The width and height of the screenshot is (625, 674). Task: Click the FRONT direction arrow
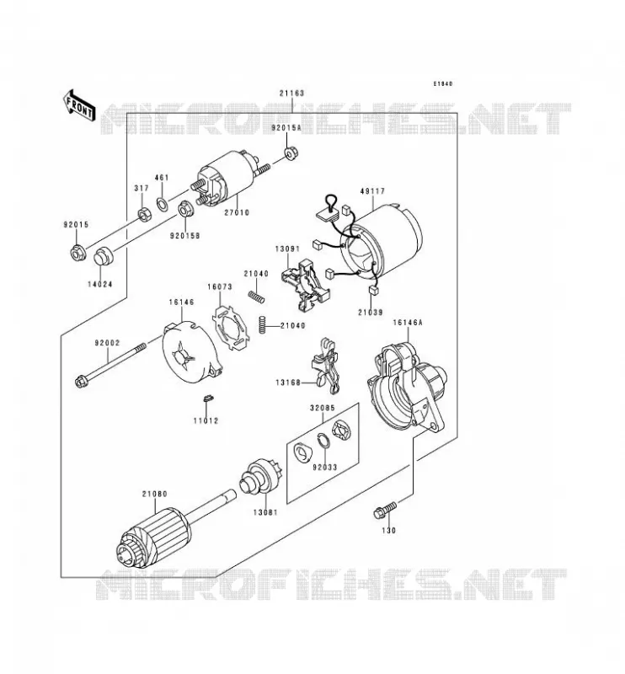coord(78,105)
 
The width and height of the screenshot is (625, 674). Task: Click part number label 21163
coord(291,94)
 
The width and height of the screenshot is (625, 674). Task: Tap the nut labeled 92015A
coord(291,153)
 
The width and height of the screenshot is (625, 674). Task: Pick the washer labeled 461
coord(163,204)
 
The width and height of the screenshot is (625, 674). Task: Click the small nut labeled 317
coord(143,213)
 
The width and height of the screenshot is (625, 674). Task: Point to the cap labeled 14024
coord(103,257)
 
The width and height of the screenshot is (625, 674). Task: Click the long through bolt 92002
coord(110,363)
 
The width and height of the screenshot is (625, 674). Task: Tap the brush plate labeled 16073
coord(231,328)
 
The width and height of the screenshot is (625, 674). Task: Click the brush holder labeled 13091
coord(305,284)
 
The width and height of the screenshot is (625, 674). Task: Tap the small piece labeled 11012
coord(208,398)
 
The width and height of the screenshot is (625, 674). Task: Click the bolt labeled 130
coord(385,510)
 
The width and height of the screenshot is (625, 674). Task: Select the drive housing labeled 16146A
coord(407,386)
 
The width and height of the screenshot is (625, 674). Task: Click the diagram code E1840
coord(442,83)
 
